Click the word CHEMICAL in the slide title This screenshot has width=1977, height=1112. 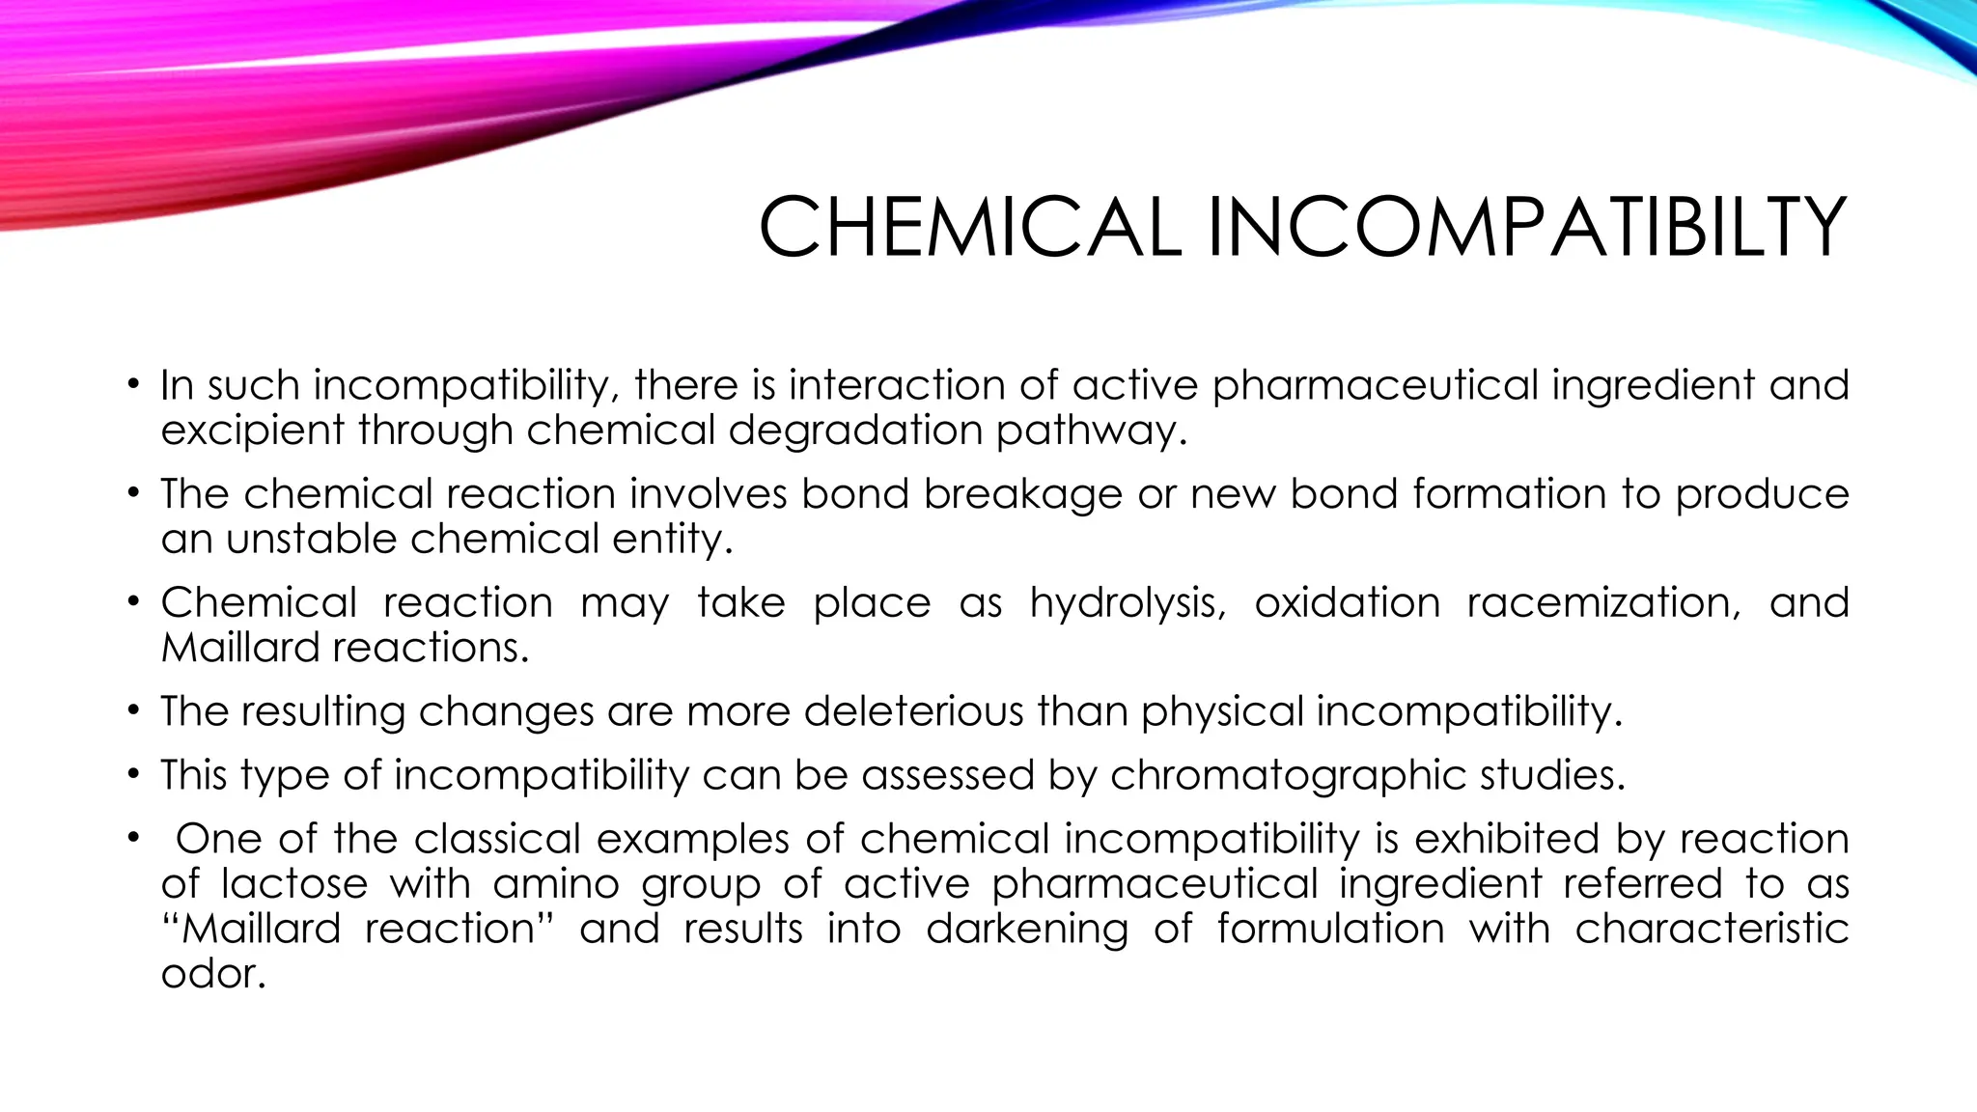coord(969,228)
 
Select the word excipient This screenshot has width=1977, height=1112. coord(251,431)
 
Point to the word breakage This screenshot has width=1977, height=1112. coord(1022,494)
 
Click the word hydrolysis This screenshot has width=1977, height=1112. coord(1127,603)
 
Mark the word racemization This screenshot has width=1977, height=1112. coord(1603,603)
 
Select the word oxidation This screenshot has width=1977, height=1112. coord(1347,603)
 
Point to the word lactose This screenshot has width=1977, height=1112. coord(294,884)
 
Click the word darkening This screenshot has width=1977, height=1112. coord(1027,929)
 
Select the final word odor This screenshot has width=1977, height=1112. coord(212,973)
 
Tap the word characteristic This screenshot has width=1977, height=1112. coord(1712,929)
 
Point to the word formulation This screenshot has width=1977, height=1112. coord(1330,929)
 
